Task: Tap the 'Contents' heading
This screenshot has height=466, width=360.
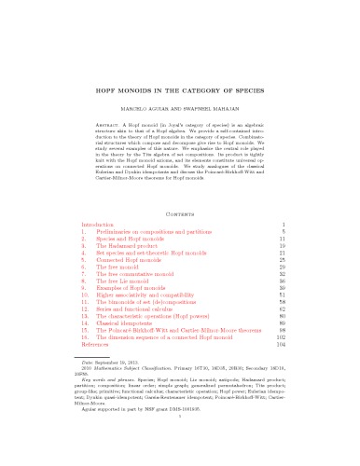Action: [180, 212]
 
